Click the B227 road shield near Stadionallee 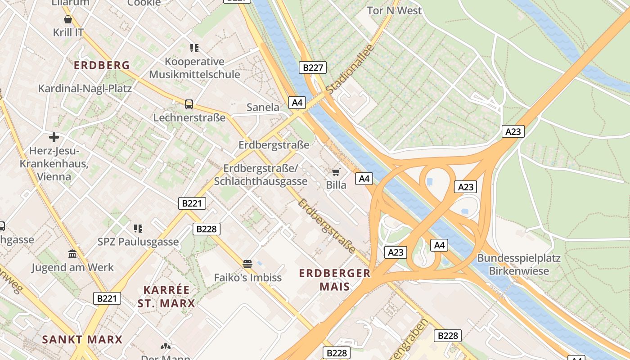click(x=312, y=68)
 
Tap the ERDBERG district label click(x=102, y=65)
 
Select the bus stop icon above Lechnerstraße click(x=189, y=104)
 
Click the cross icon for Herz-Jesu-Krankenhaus click(x=54, y=137)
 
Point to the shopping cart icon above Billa click(x=336, y=172)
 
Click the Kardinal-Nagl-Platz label click(x=85, y=88)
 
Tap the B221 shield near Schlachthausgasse click(x=192, y=203)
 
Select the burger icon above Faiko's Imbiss click(x=247, y=263)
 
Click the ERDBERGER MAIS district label click(x=335, y=279)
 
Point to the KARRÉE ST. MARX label click(x=166, y=296)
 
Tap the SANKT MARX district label click(x=82, y=339)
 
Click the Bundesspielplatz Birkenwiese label click(x=519, y=265)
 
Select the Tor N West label click(x=394, y=10)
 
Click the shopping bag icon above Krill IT click(x=68, y=19)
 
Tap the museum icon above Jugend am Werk click(x=72, y=254)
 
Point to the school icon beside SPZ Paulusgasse click(x=138, y=229)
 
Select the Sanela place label click(x=263, y=107)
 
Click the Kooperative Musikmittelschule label click(x=194, y=68)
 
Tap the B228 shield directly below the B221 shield click(x=207, y=229)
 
